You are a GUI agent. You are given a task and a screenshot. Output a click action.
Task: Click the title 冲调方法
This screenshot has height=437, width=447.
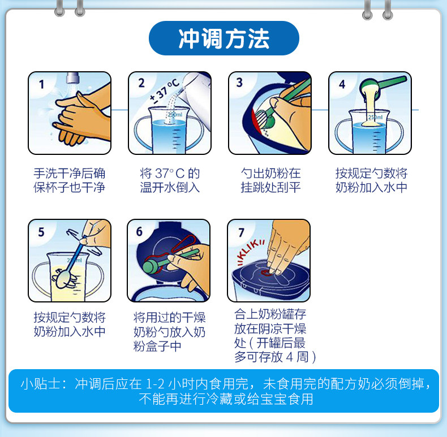pyautogui.click(x=224, y=38)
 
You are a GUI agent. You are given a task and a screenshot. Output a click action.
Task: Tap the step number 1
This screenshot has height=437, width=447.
pyautogui.click(x=42, y=84)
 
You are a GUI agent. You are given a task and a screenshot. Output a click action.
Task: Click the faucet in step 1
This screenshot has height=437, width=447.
pyautogui.click(x=72, y=78)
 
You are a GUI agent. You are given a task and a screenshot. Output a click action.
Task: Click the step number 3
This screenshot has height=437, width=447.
pyautogui.click(x=239, y=83)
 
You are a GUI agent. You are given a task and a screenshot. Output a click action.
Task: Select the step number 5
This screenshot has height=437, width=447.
pyautogui.click(x=41, y=232)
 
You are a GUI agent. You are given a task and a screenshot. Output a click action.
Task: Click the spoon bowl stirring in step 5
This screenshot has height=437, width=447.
pyautogui.click(x=63, y=279)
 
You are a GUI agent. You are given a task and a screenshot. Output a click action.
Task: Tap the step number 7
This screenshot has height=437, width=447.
pyautogui.click(x=242, y=232)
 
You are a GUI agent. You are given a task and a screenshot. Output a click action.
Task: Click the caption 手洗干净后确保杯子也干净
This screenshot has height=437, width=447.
pyautogui.click(x=69, y=180)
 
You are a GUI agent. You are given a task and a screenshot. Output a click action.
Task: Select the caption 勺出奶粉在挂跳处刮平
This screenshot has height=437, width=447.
pyautogui.click(x=270, y=180)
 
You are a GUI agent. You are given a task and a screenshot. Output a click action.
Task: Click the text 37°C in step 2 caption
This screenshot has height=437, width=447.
pyautogui.click(x=170, y=173)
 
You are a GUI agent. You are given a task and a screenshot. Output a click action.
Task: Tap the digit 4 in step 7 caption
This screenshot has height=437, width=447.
pyautogui.click(x=290, y=357)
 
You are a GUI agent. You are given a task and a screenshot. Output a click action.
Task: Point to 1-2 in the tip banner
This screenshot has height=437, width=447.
pyautogui.click(x=155, y=384)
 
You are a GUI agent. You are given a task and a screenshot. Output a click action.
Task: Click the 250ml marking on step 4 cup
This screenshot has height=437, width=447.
pyautogui.click(x=375, y=118)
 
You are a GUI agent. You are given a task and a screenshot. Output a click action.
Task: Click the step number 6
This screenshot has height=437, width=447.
pyautogui.click(x=139, y=232)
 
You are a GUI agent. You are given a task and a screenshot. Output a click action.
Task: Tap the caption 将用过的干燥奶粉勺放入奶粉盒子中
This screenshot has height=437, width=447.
pyautogui.click(x=170, y=332)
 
